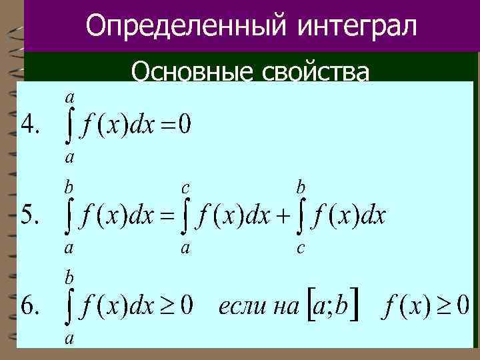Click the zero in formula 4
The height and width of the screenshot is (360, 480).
coord(184,125)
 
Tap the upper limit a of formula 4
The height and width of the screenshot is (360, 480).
coord(69,97)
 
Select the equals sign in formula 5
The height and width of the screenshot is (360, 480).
coord(165,217)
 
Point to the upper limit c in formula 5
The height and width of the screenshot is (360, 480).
coord(185,188)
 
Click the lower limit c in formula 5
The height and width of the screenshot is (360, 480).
coord(301,249)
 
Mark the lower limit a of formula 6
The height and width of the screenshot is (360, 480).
coord(69,338)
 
